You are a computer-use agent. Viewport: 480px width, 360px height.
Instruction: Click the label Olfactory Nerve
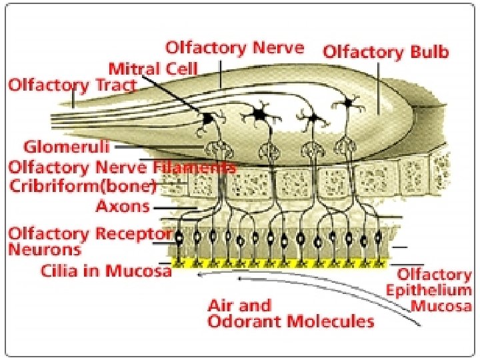(234, 49)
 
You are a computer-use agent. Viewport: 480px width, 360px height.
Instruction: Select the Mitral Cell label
(153, 67)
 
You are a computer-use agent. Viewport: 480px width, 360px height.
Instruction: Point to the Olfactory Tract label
(72, 85)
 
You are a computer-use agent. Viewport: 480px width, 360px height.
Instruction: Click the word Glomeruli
(66, 146)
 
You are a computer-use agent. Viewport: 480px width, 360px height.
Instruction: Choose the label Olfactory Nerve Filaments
(121, 167)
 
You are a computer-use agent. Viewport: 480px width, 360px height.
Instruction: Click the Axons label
(123, 206)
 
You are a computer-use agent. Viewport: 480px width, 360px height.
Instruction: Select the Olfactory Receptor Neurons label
(90, 242)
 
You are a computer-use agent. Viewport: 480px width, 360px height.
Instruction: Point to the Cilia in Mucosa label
(107, 271)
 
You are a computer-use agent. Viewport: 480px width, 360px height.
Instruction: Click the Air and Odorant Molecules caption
(291, 313)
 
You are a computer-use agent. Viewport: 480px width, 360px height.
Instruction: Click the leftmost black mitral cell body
(207, 118)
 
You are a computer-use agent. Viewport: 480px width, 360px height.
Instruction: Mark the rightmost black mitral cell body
(347, 103)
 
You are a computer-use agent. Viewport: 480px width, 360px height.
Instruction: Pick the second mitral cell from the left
(259, 115)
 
